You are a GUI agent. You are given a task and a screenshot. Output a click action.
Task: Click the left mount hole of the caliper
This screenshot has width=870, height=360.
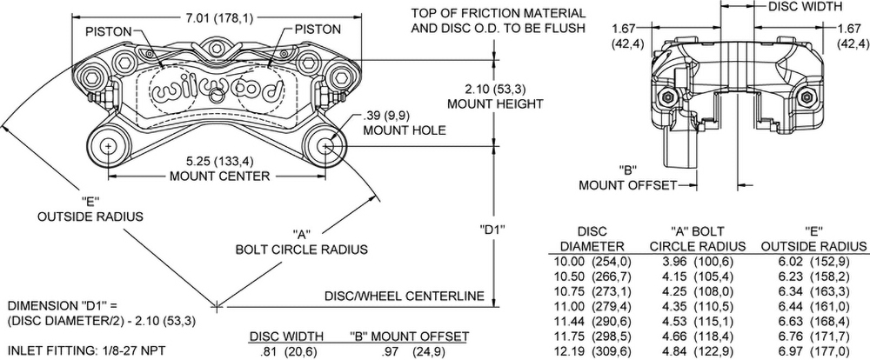pos(107,146)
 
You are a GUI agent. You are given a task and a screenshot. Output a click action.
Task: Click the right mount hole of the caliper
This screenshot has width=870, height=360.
pos(327,146)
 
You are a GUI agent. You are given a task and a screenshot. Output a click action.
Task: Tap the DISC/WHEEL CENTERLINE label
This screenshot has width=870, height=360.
pos(404,296)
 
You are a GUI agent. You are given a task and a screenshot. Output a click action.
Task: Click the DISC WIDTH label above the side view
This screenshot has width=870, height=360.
pos(806,6)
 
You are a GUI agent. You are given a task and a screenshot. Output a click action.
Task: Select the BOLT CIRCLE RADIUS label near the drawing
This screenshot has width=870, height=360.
pos(301,249)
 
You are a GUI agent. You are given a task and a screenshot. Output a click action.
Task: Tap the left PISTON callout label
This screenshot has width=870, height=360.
pos(109,31)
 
